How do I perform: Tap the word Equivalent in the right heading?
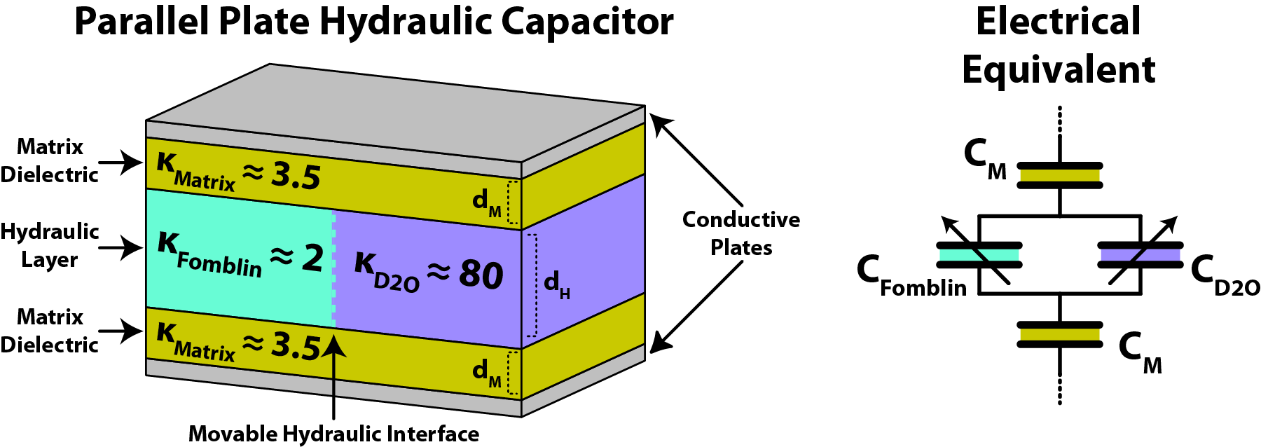point(1059,70)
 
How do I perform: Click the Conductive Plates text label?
point(741,233)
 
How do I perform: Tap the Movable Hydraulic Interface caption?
point(333,434)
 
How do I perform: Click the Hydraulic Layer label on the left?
point(49,245)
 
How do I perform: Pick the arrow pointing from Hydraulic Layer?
point(120,248)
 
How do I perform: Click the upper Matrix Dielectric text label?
point(49,160)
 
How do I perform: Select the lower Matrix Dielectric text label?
point(49,331)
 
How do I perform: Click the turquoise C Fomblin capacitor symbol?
point(979,255)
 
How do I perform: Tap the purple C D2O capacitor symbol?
point(1140,255)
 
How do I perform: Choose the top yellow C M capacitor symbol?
point(1060,175)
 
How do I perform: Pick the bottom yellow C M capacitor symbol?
point(1060,334)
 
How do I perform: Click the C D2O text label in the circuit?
point(1225,275)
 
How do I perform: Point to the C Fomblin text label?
point(911,277)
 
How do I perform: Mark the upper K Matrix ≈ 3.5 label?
point(238,173)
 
